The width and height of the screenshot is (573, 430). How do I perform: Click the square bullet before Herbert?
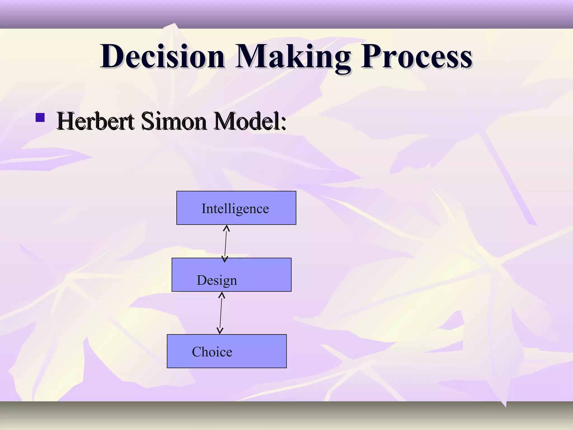tap(40, 118)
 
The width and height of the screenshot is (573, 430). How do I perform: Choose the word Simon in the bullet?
tap(174, 121)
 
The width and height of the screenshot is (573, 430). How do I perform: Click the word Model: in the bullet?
tap(250, 121)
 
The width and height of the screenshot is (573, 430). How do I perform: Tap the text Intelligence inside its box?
tap(235, 209)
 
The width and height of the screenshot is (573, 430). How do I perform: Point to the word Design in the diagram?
tap(217, 280)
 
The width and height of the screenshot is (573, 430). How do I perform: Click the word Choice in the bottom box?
tap(212, 352)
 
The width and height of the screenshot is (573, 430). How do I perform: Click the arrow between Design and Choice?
tap(221, 313)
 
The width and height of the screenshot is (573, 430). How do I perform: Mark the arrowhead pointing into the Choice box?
tap(220, 331)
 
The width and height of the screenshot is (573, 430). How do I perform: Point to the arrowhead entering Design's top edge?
tap(225, 259)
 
